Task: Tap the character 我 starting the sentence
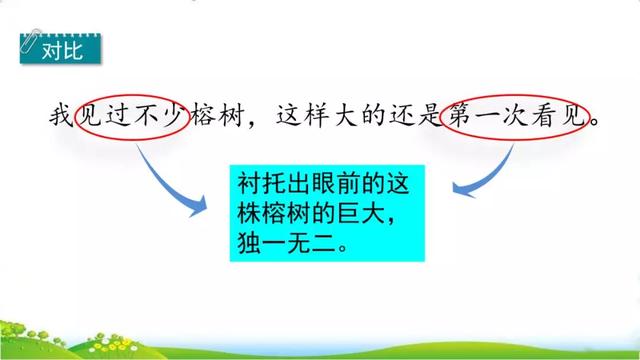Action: click(61, 117)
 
